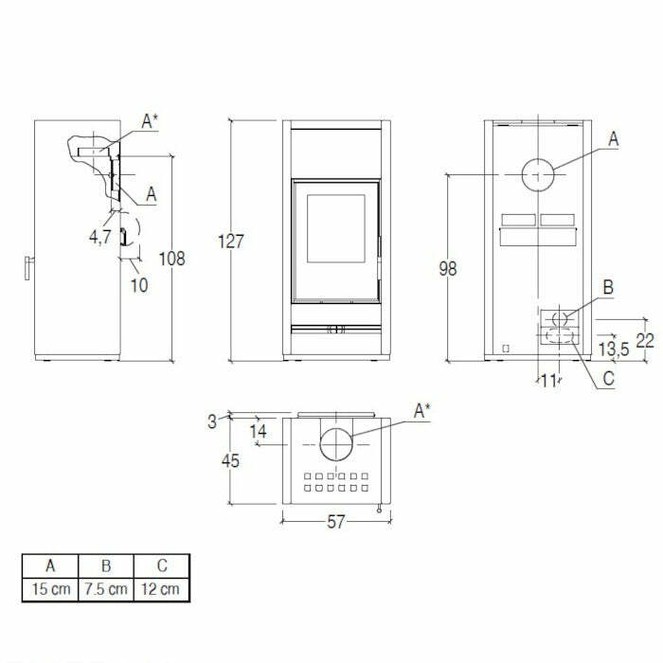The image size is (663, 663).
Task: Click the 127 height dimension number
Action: tap(231, 242)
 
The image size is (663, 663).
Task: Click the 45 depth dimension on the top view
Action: tap(231, 461)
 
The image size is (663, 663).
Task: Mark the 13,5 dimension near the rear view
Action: tap(615, 350)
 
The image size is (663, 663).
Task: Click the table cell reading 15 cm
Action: tap(50, 589)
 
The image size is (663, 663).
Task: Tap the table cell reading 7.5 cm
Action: tap(106, 589)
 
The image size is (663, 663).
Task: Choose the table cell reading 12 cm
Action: tap(161, 589)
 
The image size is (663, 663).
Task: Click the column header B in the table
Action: tap(106, 566)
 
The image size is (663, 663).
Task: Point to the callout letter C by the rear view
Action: tap(608, 382)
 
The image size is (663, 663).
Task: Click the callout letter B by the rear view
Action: tap(609, 286)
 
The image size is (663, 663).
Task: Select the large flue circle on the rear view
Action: tap(538, 175)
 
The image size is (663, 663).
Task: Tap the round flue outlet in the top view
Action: tap(338, 444)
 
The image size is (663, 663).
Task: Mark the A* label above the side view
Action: tap(150, 120)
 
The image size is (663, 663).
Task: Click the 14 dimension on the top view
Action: tap(258, 431)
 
